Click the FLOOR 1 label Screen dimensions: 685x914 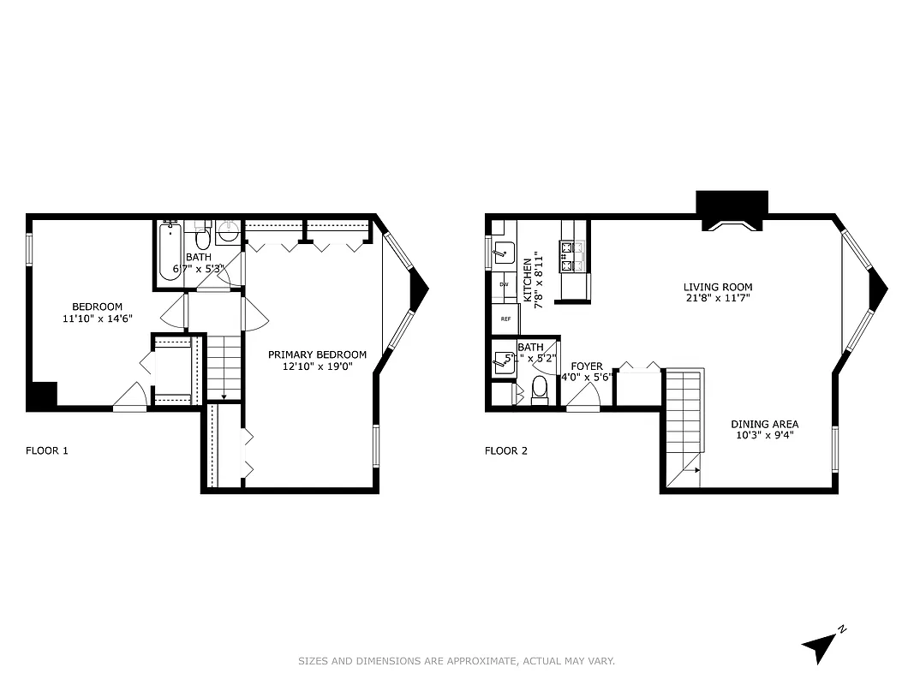pos(47,450)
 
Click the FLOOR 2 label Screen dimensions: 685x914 pos(506,450)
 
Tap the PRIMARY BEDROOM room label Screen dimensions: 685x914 pos(317,354)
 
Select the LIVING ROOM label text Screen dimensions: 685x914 pos(717,287)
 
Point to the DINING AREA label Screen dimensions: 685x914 pos(764,424)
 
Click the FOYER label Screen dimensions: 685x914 pos(587,366)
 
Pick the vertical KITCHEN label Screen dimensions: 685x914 pos(528,280)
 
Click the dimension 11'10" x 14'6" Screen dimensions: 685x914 pos(97,319)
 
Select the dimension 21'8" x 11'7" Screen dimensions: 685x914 pos(717,299)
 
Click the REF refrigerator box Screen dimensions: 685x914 pos(505,319)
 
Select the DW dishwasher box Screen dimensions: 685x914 pos(504,283)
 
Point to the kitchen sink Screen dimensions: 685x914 pos(504,252)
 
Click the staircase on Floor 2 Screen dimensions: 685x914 pos(684,424)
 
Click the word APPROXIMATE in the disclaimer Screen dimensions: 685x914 pos(483,661)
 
